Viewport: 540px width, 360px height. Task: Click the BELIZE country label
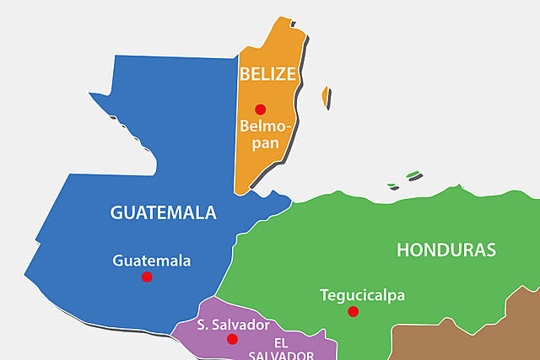pos(267,74)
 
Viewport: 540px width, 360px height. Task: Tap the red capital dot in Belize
pos(261,109)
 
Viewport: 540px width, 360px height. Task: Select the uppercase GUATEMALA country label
pos(163,212)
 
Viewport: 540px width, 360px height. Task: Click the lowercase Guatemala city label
pos(152,261)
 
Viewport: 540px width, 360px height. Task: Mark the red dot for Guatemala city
pos(147,277)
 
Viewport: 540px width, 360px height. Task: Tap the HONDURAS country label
pos(446,250)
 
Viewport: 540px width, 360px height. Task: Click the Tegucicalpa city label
pos(363,295)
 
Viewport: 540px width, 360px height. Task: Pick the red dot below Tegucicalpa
pos(354,312)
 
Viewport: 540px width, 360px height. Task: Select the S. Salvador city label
pos(234,325)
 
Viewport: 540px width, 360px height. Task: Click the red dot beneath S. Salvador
pos(232,339)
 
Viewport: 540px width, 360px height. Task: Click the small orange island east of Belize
pos(324,96)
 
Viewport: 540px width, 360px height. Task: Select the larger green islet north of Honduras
pos(413,176)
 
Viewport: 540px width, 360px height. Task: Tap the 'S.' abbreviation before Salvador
pos(203,325)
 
